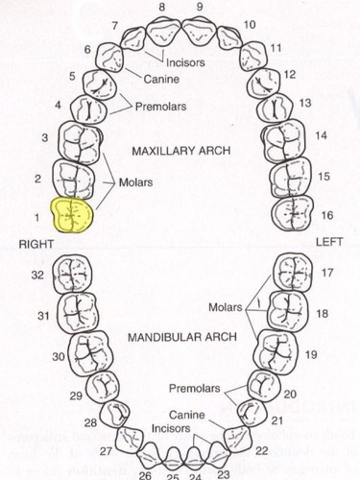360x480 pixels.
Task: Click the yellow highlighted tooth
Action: pos(72,215)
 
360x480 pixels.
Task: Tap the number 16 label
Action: pos(327,215)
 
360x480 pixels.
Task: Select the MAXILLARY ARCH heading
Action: pos(181,151)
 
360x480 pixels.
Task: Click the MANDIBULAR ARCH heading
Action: pos(182,337)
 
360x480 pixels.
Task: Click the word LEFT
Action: pos(329,242)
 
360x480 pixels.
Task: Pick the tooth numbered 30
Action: pos(89,352)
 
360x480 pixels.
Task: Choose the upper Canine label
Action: pos(161,79)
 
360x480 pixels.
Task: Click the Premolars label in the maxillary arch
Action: pos(160,107)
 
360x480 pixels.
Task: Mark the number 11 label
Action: pos(276,48)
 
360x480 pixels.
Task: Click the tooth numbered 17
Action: pos(292,272)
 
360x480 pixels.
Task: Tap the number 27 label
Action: pos(106,452)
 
